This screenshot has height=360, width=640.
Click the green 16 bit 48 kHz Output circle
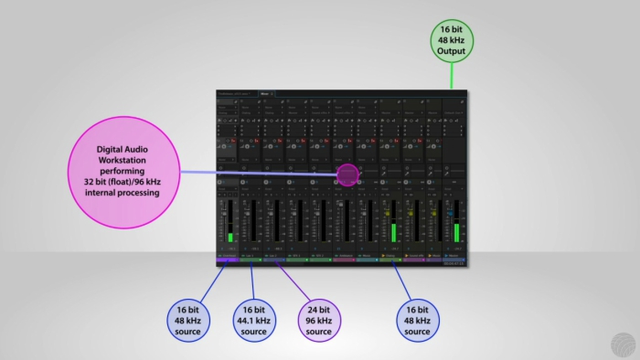point(451,41)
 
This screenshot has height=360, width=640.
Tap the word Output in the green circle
point(451,52)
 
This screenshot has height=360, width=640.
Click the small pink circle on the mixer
point(347,174)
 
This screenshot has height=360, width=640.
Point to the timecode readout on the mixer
point(454,264)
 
